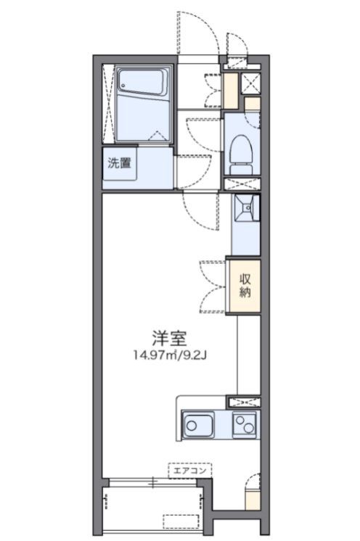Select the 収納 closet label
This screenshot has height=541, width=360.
[247, 285]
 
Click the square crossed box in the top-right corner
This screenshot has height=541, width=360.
[252, 81]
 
